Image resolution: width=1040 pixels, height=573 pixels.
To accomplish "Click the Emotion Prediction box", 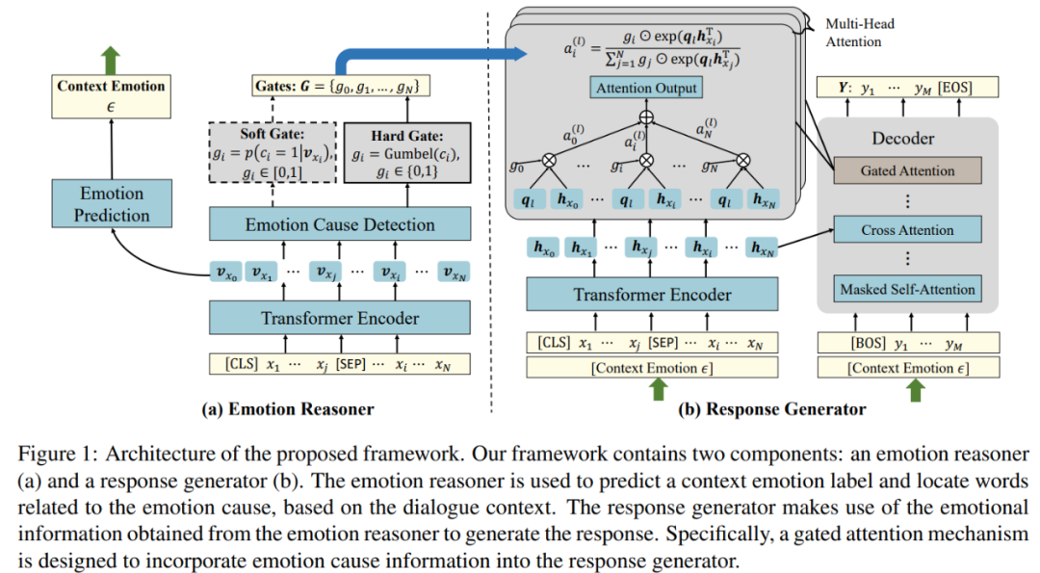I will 112,205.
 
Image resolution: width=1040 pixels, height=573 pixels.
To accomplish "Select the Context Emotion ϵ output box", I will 112,95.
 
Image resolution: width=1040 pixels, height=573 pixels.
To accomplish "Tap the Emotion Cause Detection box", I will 340,225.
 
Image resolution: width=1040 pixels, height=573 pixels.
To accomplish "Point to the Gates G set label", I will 340,87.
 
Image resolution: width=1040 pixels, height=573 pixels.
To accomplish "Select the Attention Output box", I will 646,88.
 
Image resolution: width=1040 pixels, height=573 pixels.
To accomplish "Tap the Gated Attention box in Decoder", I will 907,171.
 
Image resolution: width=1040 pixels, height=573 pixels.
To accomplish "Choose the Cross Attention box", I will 907,230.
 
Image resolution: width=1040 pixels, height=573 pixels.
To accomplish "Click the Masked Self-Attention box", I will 907,289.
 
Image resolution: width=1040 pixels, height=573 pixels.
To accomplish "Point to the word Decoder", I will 902,139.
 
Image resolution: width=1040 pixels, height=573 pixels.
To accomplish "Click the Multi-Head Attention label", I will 853,33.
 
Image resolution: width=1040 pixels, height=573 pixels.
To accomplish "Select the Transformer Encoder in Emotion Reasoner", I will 340,318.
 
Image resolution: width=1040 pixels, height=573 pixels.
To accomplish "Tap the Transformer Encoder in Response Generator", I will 653,295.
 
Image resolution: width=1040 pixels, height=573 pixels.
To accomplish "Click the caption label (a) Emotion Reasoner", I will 288,408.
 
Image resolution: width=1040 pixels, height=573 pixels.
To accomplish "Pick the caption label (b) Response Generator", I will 772,408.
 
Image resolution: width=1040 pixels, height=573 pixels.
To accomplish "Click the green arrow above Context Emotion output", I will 111,58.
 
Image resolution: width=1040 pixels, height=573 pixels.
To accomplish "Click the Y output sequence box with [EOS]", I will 907,88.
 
